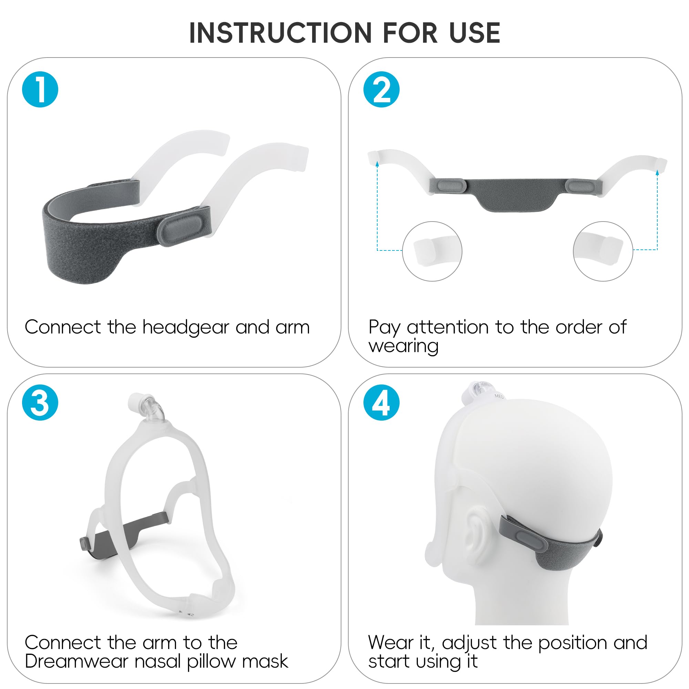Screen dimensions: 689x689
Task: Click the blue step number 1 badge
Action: [40, 90]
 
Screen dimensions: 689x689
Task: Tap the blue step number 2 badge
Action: [381, 90]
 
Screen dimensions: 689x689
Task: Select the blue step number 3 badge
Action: [40, 403]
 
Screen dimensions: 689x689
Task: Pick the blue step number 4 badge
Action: [381, 403]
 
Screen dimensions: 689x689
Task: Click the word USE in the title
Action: [475, 33]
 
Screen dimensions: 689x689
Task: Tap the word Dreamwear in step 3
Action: [76, 661]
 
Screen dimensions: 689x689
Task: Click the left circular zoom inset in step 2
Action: [432, 251]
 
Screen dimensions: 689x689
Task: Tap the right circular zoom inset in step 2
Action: [603, 251]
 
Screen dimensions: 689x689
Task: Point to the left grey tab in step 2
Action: [452, 185]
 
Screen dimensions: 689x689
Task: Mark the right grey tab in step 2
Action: [581, 185]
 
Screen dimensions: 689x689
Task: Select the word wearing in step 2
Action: [404, 346]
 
